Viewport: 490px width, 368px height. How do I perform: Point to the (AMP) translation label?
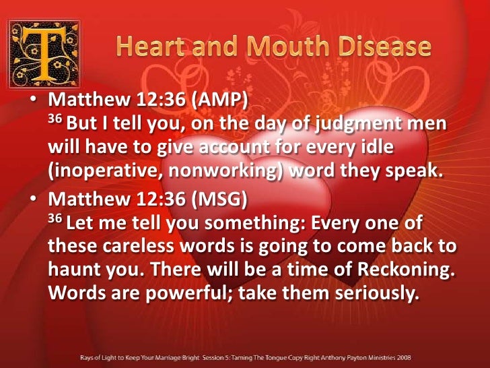pos(219,101)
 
